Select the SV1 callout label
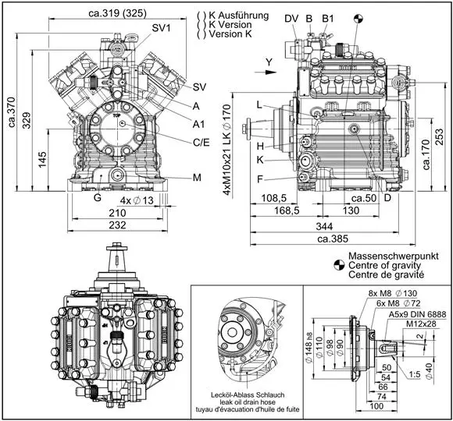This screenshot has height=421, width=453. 162,27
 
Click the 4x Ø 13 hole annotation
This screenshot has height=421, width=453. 148,200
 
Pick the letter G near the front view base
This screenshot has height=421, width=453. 98,199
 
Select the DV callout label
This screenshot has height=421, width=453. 291,18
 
